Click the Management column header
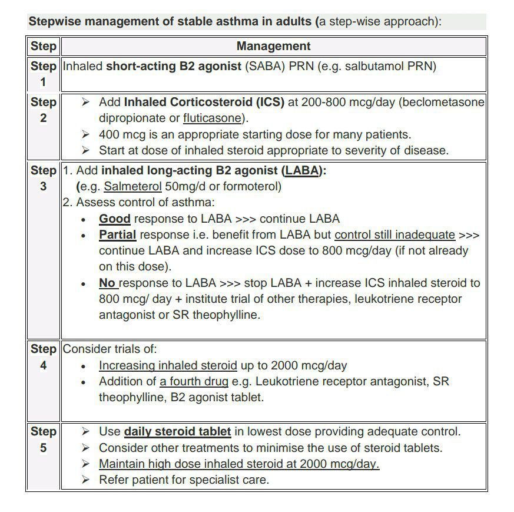(x=273, y=46)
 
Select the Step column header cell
(x=43, y=46)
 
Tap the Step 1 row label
(x=43, y=74)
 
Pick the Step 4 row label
(x=43, y=357)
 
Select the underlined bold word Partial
(x=117, y=234)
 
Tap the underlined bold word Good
(x=114, y=219)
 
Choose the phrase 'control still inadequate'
(x=394, y=234)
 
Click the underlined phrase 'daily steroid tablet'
(x=177, y=431)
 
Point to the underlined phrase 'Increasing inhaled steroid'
(x=168, y=365)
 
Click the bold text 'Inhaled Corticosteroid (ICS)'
(x=204, y=102)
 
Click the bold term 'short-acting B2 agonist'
(x=174, y=66)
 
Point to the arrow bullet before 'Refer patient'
(x=86, y=480)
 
